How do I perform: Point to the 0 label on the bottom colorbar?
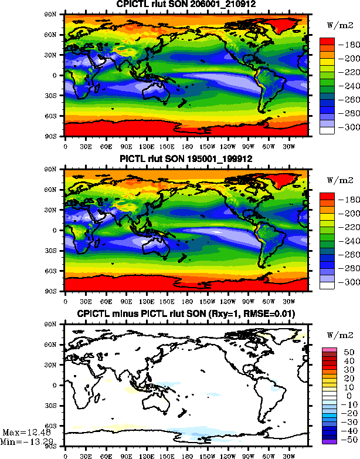(x=341, y=396)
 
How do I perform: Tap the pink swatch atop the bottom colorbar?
(x=327, y=350)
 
